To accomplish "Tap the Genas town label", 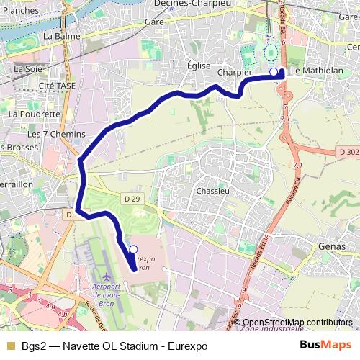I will (x=331, y=247).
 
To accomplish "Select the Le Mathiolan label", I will (x=316, y=71).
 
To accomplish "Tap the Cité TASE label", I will (x=57, y=85).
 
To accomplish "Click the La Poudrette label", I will (x=34, y=114).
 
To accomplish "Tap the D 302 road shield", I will (x=346, y=152).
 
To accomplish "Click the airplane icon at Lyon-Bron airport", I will (x=107, y=276).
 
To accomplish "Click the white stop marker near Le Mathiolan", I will (x=273, y=72).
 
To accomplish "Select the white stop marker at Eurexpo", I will (x=132, y=248).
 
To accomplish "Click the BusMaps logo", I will (x=326, y=345).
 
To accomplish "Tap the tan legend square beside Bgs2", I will (x=10, y=346).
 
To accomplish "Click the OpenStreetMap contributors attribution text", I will (x=297, y=323).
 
